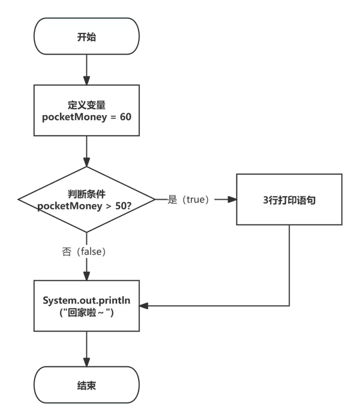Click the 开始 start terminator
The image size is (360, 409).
click(x=86, y=37)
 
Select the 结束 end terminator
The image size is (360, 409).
click(x=86, y=385)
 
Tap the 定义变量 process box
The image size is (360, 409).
click(x=86, y=110)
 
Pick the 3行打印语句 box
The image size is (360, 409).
click(x=289, y=200)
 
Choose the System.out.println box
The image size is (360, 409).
click(x=86, y=305)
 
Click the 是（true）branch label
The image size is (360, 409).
click(x=190, y=200)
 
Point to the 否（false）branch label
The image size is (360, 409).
click(x=86, y=251)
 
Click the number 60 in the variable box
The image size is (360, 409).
click(x=125, y=116)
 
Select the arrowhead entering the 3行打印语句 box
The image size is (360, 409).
click(x=232, y=200)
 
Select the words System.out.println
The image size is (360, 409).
click(x=86, y=299)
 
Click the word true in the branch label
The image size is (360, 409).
click(x=196, y=200)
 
